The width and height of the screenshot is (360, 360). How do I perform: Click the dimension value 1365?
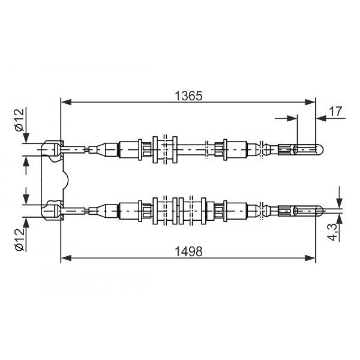(x=189, y=96)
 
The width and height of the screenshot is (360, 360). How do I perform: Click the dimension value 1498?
(x=189, y=251)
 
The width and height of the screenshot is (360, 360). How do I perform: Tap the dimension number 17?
(x=336, y=111)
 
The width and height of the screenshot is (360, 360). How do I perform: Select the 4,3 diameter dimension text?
(x=333, y=232)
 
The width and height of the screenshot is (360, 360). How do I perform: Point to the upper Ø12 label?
(x=19, y=120)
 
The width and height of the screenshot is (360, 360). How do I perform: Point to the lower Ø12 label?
(x=19, y=239)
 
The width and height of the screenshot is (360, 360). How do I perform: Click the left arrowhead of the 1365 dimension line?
(x=67, y=102)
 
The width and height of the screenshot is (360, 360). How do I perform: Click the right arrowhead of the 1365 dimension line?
(x=310, y=102)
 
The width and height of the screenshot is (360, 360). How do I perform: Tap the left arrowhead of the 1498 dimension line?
(x=67, y=258)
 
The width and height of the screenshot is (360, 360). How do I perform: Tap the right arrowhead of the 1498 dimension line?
(x=310, y=258)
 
